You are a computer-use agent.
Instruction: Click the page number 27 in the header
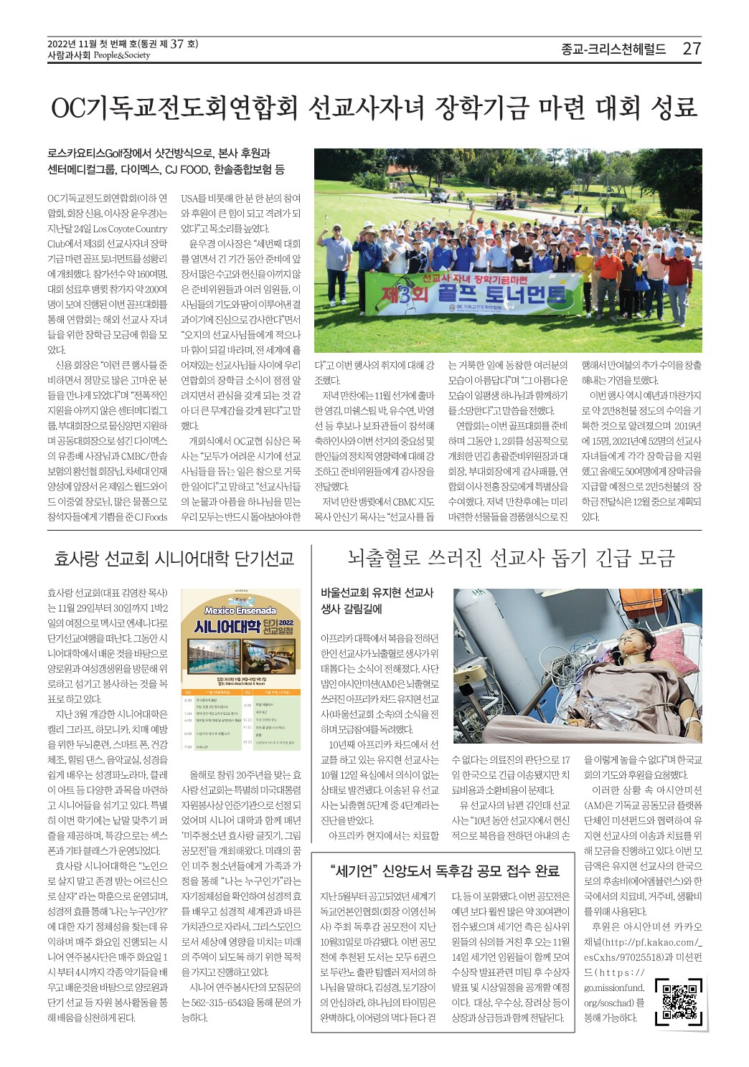(x=691, y=49)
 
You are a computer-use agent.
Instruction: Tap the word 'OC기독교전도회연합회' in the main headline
(x=174, y=108)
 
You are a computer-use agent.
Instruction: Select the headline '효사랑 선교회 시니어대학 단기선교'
(x=174, y=559)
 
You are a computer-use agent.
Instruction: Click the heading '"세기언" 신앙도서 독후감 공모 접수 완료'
(x=445, y=871)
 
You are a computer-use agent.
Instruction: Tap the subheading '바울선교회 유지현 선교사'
(x=377, y=592)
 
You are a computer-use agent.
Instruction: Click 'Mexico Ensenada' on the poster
(x=240, y=610)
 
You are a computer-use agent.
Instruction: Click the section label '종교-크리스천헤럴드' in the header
(x=613, y=49)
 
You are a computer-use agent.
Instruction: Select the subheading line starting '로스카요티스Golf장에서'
(x=159, y=153)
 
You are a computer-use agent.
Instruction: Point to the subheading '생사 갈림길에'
(x=352, y=609)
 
